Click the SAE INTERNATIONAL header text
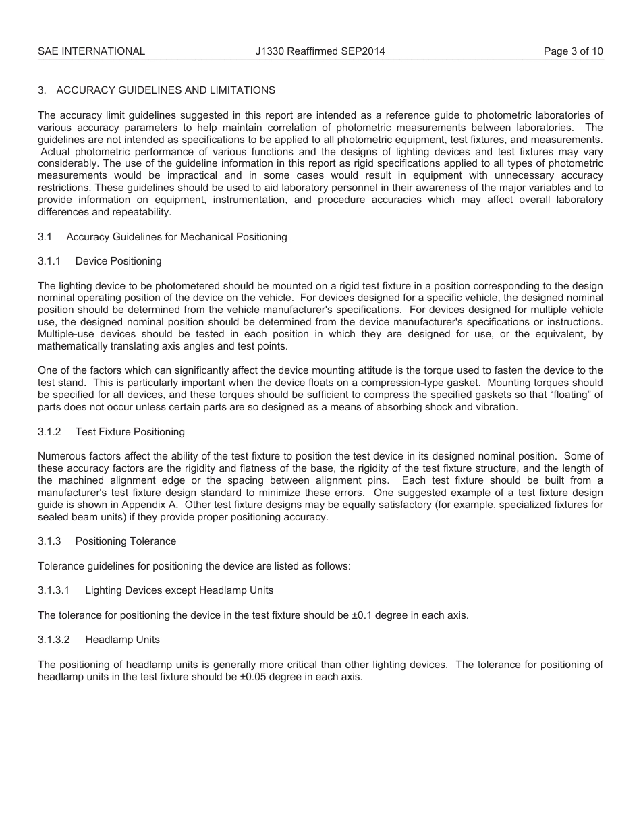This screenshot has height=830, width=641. point(91,51)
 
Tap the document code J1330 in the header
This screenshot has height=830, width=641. point(270,51)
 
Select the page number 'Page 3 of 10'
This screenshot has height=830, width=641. point(574,51)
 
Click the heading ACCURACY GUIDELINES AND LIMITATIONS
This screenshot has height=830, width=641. point(165,90)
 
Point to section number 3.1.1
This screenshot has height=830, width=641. point(49,261)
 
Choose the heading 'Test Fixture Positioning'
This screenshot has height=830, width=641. point(130,432)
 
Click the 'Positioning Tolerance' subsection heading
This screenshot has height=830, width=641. point(126,541)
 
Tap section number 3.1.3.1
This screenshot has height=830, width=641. point(54,590)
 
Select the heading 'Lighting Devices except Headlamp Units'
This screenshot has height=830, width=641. point(179,590)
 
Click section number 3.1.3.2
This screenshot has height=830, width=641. point(54,640)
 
